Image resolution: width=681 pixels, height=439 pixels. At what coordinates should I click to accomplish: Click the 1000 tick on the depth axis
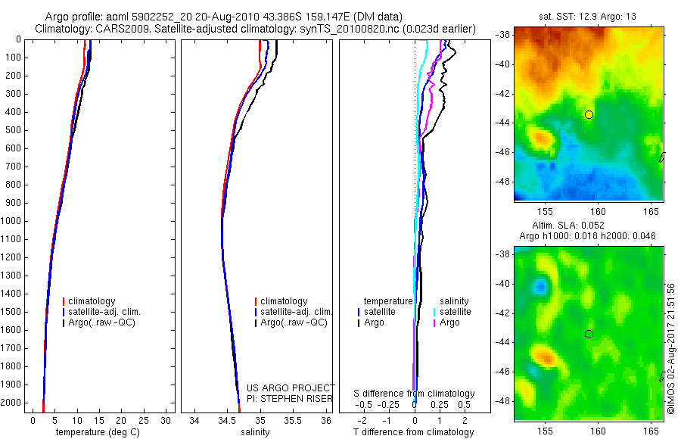[x=12, y=221]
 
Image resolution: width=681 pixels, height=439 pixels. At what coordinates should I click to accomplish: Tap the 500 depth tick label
[x=12, y=130]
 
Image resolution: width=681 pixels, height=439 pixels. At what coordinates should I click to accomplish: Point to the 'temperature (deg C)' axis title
[x=101, y=432]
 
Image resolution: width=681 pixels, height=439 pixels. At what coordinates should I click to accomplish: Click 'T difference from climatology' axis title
[x=415, y=432]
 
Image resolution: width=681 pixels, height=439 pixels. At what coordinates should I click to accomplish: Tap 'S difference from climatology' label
[x=415, y=394]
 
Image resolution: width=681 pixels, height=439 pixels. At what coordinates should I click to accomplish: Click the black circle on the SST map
[x=589, y=114]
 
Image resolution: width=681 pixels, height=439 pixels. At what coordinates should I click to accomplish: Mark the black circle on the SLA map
[x=589, y=334]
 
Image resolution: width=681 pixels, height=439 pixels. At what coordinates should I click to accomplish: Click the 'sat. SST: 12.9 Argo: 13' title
[x=589, y=15]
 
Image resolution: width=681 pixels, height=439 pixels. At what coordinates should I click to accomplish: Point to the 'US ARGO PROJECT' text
[x=291, y=388]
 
